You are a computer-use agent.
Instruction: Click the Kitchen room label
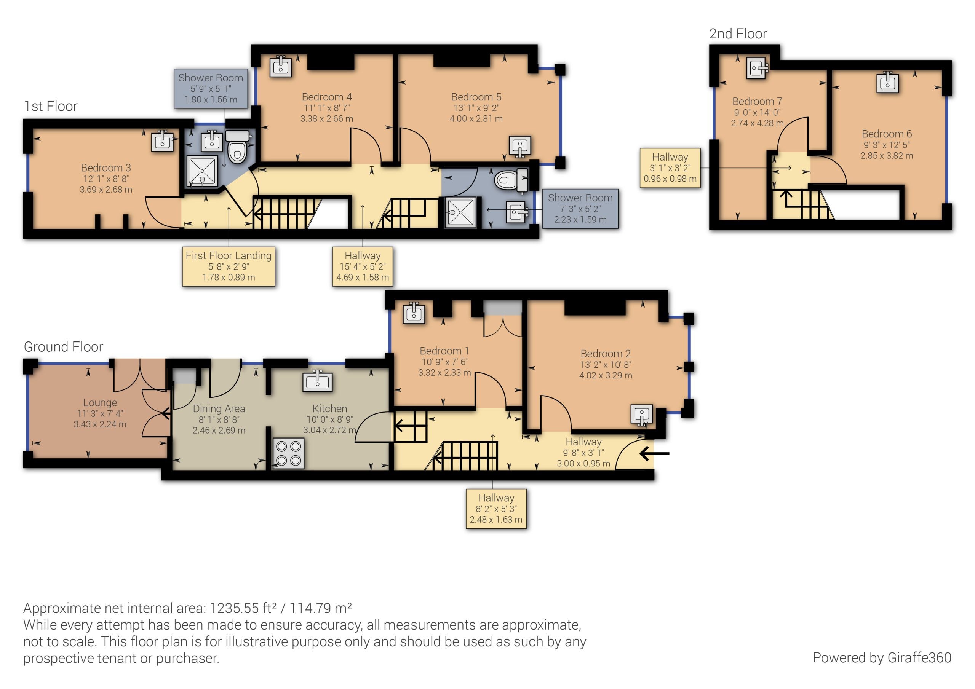(329, 409)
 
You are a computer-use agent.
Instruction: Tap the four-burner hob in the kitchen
(288, 453)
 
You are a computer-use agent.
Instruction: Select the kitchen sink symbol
(317, 381)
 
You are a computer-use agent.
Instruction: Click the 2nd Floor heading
(738, 33)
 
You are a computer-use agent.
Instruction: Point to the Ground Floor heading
(63, 347)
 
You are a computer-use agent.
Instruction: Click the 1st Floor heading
(51, 106)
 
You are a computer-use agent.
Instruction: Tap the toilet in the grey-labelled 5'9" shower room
(237, 147)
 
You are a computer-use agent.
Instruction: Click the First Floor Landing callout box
(229, 266)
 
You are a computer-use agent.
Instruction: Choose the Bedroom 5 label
(476, 97)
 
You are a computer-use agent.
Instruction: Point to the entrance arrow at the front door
(654, 453)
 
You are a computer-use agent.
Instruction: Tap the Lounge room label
(100, 403)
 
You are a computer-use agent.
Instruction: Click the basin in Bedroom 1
(413, 313)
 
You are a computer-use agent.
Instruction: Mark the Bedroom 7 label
(757, 102)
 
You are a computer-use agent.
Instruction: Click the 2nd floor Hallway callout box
(670, 168)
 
